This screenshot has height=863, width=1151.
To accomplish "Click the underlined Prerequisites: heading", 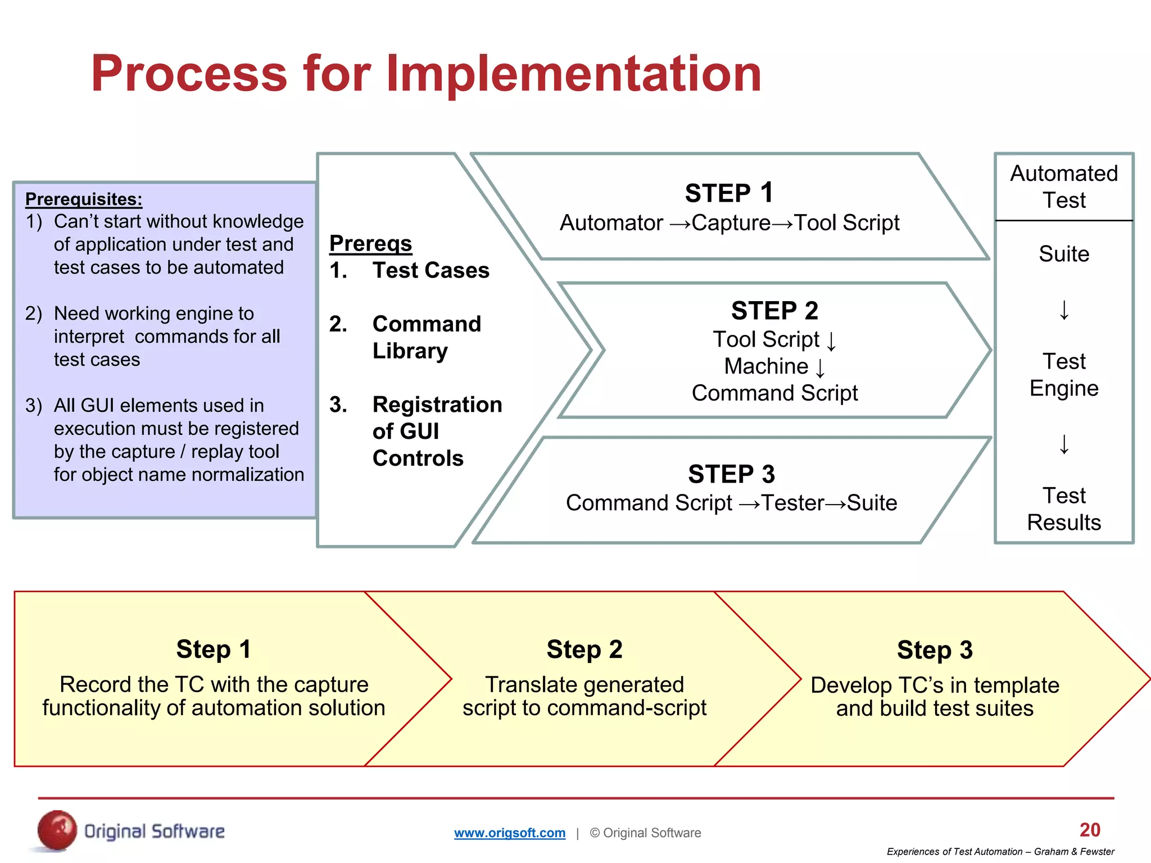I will [x=84, y=199].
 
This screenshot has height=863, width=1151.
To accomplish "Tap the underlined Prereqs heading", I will [x=370, y=243].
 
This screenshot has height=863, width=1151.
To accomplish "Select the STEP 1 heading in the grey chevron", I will [x=729, y=193].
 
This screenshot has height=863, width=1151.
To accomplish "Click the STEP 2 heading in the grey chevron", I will [x=774, y=311].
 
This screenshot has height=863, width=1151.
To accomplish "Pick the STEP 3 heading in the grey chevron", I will [x=731, y=474].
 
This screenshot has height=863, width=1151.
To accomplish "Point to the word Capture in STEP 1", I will [x=731, y=223].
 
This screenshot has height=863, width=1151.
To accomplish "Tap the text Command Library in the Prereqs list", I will [x=426, y=337].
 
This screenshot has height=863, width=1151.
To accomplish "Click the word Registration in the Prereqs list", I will [x=437, y=405].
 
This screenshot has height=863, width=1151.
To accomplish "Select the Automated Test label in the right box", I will [x=1063, y=187].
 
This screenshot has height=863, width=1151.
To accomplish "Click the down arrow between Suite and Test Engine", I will [x=1064, y=310].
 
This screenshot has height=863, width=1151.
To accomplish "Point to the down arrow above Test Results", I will [x=1064, y=444].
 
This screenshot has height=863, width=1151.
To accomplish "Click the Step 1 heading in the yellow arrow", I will [x=214, y=649].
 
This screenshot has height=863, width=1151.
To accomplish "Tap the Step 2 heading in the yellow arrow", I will [x=584, y=649].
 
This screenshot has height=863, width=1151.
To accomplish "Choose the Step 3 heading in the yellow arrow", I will [x=935, y=650].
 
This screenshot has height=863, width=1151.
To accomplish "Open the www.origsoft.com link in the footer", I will [x=510, y=833].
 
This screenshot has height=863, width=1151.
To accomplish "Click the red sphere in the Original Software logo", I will [x=57, y=830].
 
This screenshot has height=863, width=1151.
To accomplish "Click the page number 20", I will [x=1090, y=830].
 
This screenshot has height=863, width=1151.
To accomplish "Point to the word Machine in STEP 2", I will [x=765, y=366].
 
